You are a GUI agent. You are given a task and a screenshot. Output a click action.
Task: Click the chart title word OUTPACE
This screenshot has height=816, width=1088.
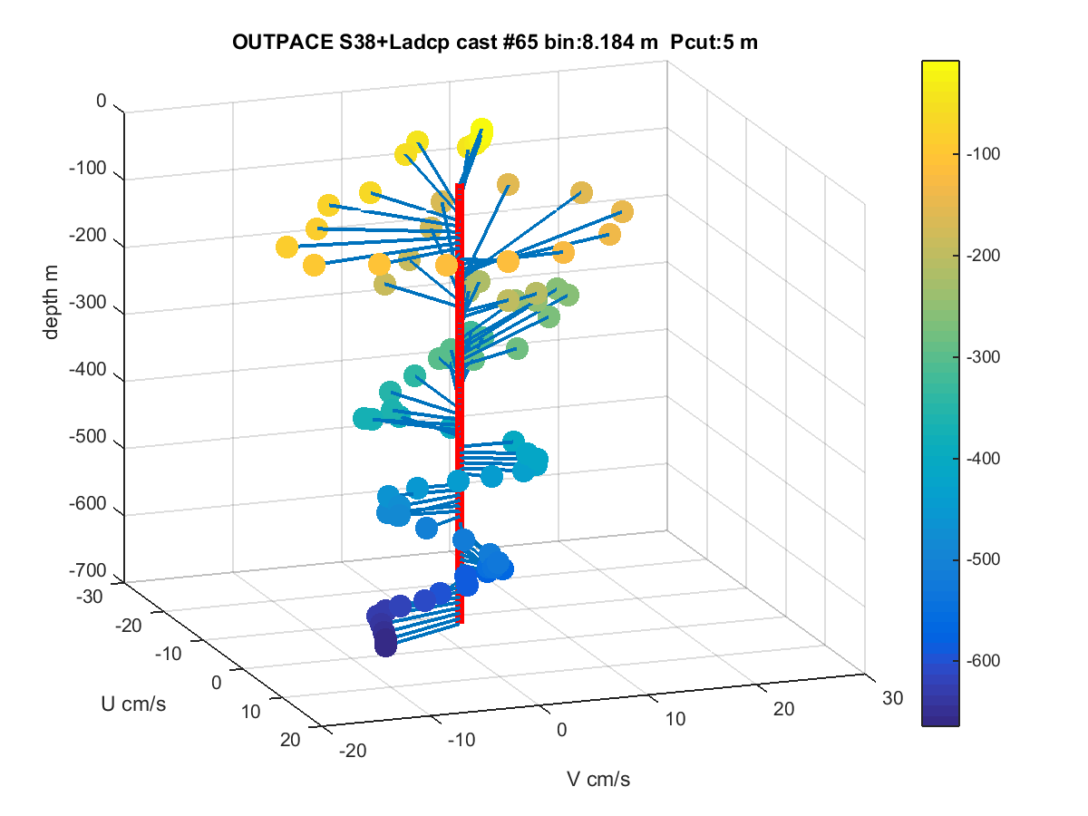(283, 42)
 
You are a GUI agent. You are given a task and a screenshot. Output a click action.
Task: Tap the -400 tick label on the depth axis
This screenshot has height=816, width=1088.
(88, 369)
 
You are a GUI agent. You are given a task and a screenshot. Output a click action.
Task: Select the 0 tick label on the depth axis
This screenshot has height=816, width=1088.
(102, 101)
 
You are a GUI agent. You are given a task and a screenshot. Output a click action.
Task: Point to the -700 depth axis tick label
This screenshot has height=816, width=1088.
(88, 570)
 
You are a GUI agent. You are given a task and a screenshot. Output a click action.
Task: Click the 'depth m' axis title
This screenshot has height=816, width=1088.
(51, 302)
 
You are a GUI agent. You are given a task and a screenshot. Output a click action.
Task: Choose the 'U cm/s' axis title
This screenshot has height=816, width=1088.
(133, 704)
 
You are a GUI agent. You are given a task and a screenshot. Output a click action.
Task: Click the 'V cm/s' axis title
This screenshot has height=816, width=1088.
(598, 779)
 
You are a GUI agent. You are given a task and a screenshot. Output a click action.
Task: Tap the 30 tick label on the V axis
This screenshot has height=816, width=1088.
(893, 698)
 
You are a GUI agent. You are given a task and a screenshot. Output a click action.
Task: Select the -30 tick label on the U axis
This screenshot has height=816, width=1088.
(90, 597)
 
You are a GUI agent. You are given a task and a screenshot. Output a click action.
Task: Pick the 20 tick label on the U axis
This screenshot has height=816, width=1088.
(290, 740)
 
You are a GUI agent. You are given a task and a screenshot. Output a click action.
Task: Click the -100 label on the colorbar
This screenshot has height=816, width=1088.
(983, 154)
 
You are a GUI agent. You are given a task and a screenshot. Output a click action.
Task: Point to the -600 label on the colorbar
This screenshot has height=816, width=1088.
(983, 660)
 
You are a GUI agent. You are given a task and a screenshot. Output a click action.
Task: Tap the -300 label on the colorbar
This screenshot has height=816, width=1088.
(983, 356)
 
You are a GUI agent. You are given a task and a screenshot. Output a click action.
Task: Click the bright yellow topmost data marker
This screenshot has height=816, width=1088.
(481, 131)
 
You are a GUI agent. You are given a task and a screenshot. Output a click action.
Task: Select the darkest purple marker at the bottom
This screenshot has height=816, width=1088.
(385, 646)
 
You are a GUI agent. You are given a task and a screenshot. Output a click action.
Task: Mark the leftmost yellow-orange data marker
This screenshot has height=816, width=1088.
(287, 247)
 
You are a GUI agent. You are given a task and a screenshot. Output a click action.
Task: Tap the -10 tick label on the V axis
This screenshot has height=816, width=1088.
(461, 740)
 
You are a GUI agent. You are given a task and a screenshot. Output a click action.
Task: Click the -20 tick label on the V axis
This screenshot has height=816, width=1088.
(353, 751)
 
